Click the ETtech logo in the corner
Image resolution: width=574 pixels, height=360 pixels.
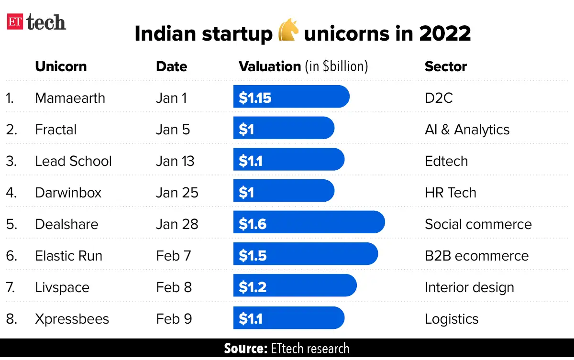click(36, 22)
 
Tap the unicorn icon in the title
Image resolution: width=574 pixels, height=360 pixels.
click(288, 33)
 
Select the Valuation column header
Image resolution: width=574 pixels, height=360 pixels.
click(303, 66)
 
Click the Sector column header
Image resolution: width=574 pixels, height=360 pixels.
click(445, 66)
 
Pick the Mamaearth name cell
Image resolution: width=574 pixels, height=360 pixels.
click(70, 98)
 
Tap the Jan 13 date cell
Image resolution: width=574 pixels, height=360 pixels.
click(175, 161)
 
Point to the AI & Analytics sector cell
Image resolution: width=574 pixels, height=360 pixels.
click(467, 130)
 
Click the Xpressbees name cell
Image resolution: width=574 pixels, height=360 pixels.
click(72, 318)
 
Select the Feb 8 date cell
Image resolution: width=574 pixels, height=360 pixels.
click(174, 287)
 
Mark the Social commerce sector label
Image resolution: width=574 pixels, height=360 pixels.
click(478, 224)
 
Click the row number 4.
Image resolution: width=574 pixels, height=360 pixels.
click(11, 193)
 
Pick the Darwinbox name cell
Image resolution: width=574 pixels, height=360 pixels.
click(68, 193)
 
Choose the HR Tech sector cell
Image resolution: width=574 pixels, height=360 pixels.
click(450, 193)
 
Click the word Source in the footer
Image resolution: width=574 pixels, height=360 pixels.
click(245, 349)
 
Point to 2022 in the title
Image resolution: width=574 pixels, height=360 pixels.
click(444, 33)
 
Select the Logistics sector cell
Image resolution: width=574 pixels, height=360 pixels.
click(452, 318)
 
